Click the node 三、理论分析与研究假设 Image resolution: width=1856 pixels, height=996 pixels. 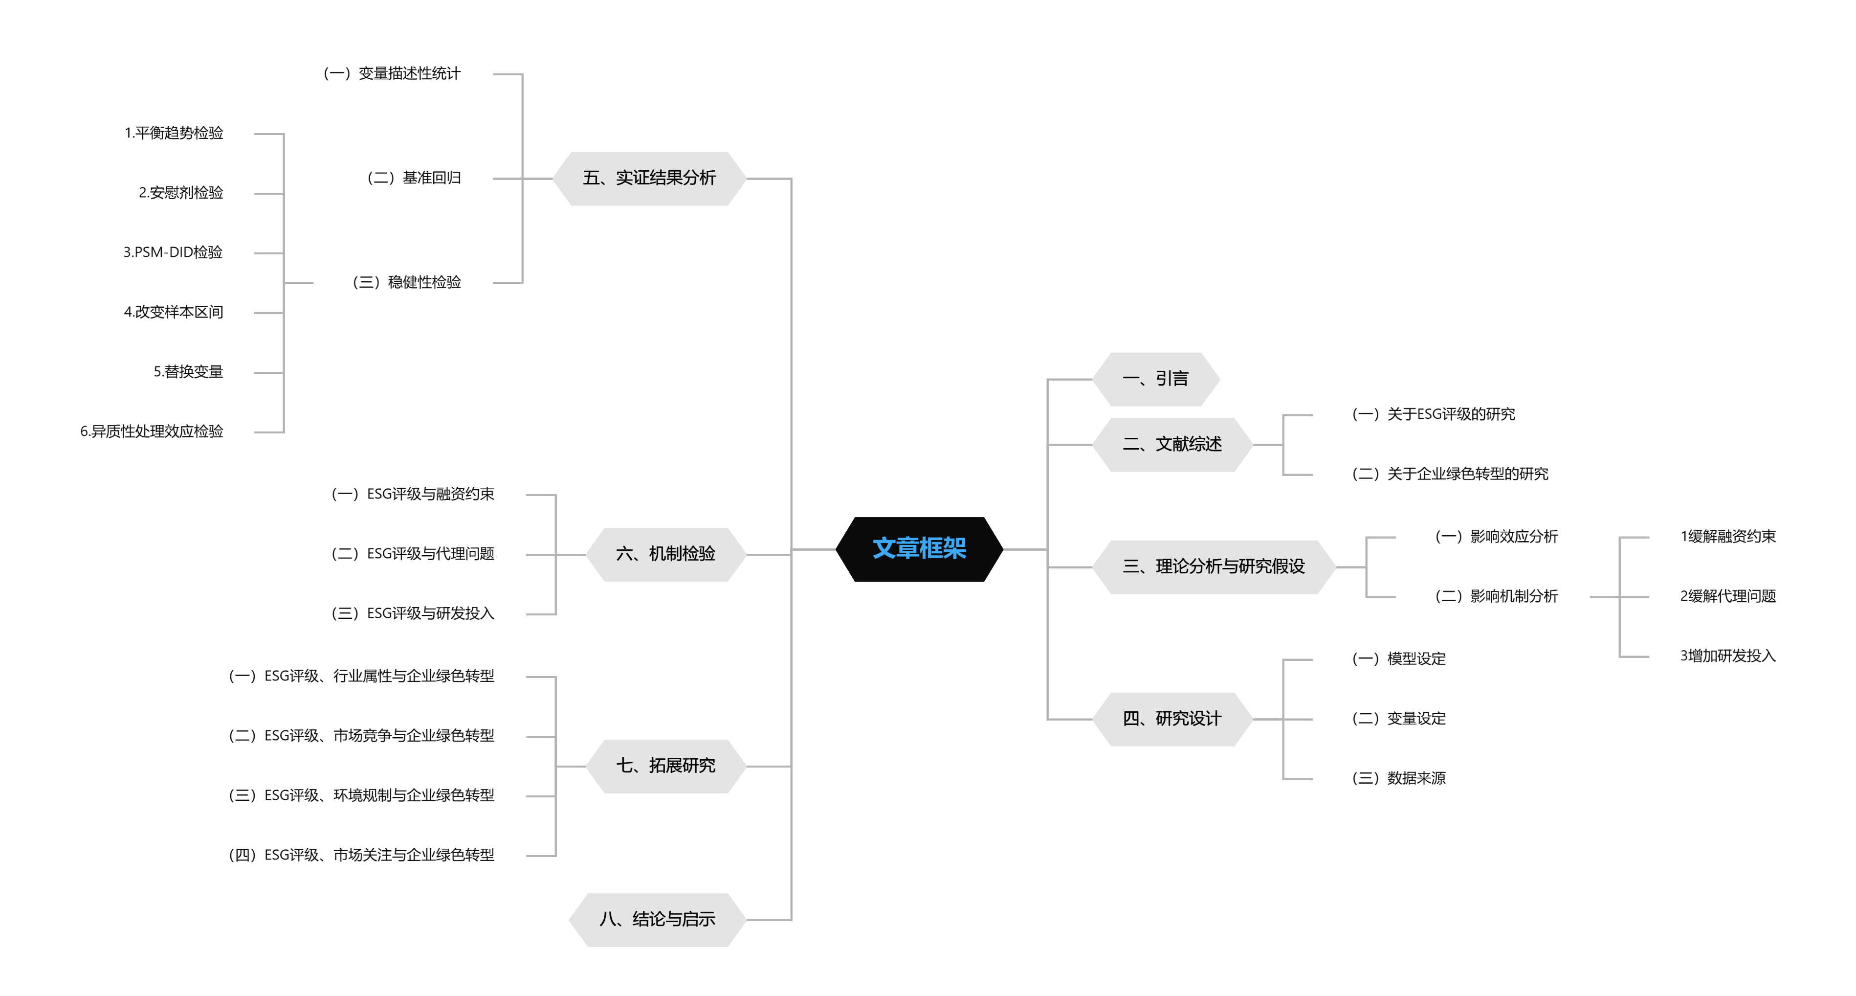[1214, 566]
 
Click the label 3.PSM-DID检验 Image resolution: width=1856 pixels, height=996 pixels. [173, 252]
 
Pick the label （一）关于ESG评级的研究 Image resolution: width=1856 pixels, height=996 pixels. [1433, 414]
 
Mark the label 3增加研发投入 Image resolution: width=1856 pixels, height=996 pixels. [1728, 656]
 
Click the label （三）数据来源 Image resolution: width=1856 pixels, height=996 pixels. [1398, 778]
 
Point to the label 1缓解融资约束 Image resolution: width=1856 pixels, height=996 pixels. [1728, 536]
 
